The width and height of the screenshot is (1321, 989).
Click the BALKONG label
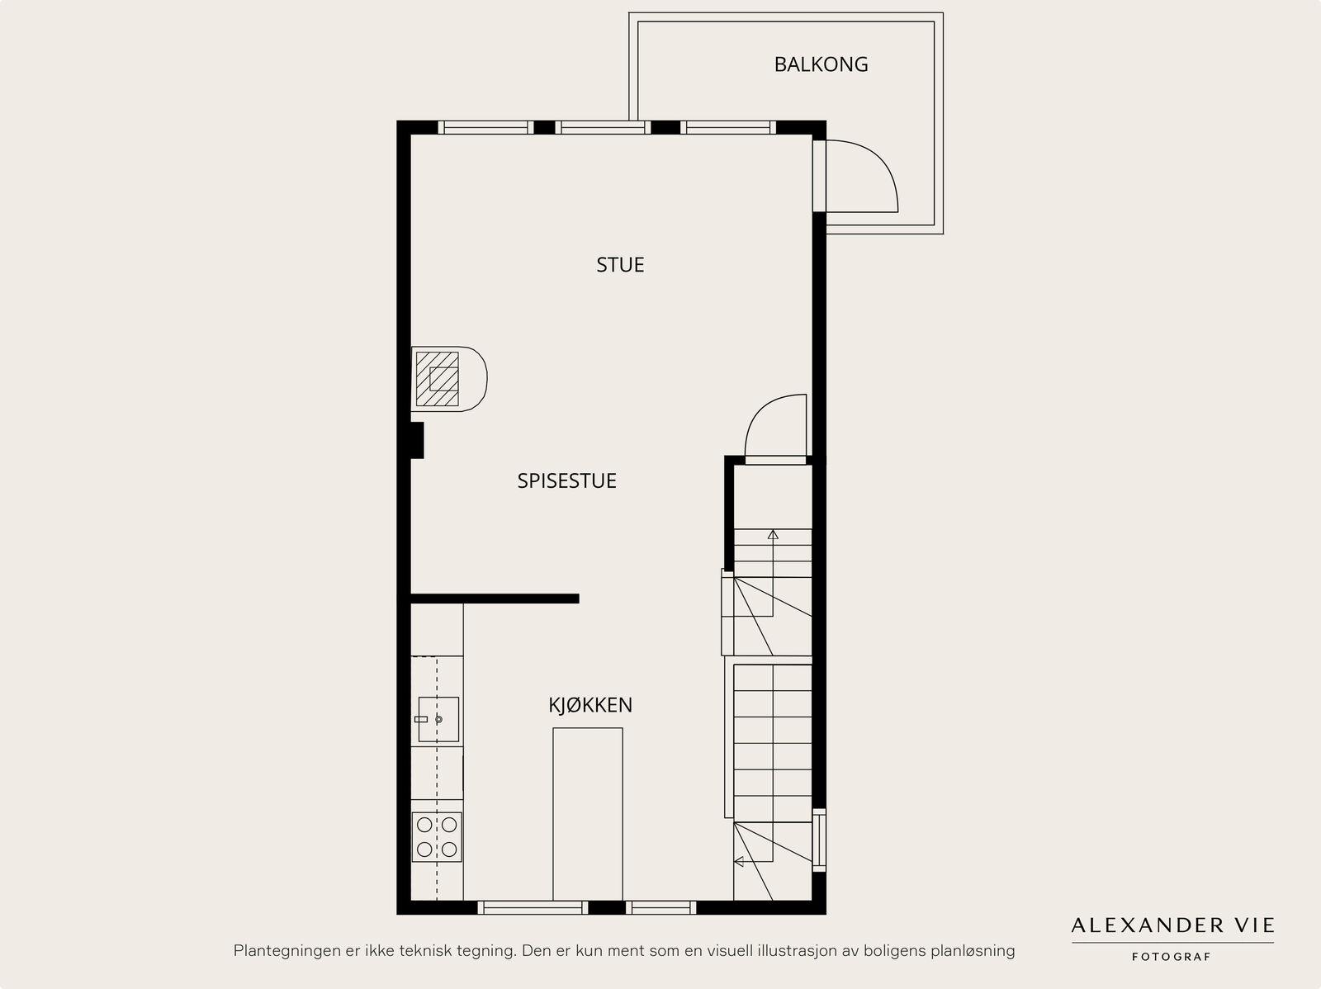pyautogui.click(x=821, y=64)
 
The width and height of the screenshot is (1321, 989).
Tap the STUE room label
pyautogui.click(x=620, y=265)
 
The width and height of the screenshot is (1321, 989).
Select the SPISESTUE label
pyautogui.click(x=567, y=480)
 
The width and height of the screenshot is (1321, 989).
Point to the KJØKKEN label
pyautogui.click(x=590, y=705)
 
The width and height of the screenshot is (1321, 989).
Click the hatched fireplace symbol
pyautogui.click(x=437, y=379)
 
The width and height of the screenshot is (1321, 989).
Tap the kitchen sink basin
pyautogui.click(x=438, y=720)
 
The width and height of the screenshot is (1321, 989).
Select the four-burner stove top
pyautogui.click(x=437, y=837)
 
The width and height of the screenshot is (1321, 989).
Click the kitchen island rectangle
pyautogui.click(x=588, y=814)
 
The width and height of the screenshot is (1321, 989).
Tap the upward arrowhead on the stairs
pyautogui.click(x=773, y=534)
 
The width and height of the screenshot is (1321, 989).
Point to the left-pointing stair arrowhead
pyautogui.click(x=739, y=862)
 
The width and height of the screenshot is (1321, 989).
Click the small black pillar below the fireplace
pyautogui.click(x=418, y=440)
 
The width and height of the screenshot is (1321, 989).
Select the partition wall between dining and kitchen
pyautogui.click(x=495, y=599)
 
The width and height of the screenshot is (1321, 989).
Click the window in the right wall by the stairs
pyautogui.click(x=819, y=840)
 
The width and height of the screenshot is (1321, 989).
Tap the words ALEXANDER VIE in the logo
pyautogui.click(x=1172, y=925)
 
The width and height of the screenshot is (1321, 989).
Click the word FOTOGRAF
pyautogui.click(x=1171, y=957)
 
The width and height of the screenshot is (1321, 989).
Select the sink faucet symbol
pyautogui.click(x=421, y=720)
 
